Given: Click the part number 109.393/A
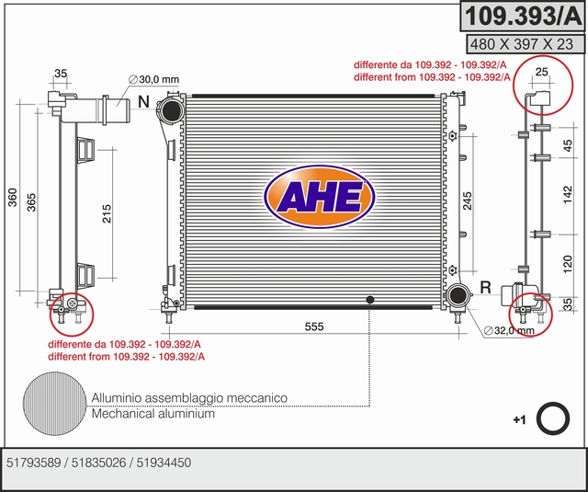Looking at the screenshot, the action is pyautogui.click(x=523, y=16).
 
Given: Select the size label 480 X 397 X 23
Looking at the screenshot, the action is pyautogui.click(x=522, y=44).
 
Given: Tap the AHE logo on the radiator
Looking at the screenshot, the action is pyautogui.click(x=320, y=197).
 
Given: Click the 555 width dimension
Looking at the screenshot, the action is pyautogui.click(x=314, y=326).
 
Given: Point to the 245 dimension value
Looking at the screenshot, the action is pyautogui.click(x=468, y=200).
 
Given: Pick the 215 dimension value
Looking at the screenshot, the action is pyautogui.click(x=107, y=213).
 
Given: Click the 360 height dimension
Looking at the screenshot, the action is pyautogui.click(x=13, y=198).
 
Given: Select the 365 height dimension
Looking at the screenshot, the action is pyautogui.click(x=31, y=202).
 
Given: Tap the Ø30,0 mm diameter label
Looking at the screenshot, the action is pyautogui.click(x=153, y=79).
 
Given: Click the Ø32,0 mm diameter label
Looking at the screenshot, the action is pyautogui.click(x=509, y=331).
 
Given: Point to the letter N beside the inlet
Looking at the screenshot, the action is pyautogui.click(x=143, y=102).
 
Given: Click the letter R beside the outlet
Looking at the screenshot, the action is pyautogui.click(x=486, y=288).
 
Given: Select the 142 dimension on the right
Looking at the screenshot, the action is pyautogui.click(x=568, y=195).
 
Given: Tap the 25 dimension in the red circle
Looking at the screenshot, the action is pyautogui.click(x=541, y=72).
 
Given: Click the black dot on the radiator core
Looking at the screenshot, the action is pyautogui.click(x=370, y=300).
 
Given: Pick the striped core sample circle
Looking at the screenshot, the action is pyautogui.click(x=55, y=404).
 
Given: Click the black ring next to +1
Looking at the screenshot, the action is pyautogui.click(x=553, y=418).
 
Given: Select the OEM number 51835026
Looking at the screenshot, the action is pyautogui.click(x=98, y=463).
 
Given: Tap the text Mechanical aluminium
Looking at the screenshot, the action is pyautogui.click(x=153, y=414).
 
